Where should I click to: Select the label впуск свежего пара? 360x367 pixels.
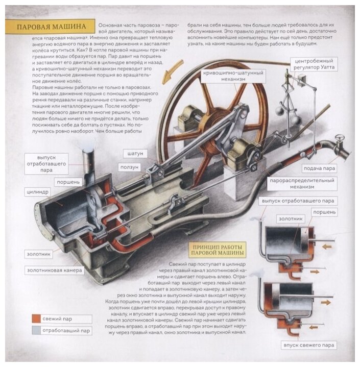310,345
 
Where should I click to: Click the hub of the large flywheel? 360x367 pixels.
211,126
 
